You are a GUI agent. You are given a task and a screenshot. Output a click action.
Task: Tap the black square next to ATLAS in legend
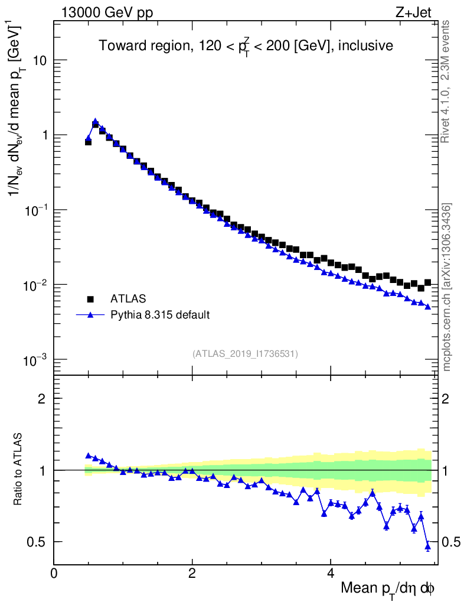click(90, 299)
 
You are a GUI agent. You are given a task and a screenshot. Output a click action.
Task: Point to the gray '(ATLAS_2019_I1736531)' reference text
click(245, 354)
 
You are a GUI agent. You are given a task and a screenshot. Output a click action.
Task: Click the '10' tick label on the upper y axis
click(40, 60)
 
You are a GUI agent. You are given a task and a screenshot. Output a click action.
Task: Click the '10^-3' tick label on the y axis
click(37, 360)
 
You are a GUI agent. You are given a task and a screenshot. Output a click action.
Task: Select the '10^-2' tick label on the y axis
click(37, 285)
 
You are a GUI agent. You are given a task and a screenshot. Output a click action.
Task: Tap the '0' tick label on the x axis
click(54, 573)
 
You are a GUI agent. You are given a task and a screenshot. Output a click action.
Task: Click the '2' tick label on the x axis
click(192, 573)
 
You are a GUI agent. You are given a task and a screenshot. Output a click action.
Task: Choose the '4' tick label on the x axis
click(331, 573)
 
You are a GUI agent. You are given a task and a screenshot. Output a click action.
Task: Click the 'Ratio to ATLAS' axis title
click(18, 470)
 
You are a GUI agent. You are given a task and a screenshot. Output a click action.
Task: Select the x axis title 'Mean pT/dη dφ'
click(388, 589)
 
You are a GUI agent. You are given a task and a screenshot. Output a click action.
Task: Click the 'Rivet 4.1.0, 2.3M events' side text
click(446, 81)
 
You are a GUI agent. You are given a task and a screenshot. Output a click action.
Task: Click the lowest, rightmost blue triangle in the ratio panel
click(428, 547)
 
